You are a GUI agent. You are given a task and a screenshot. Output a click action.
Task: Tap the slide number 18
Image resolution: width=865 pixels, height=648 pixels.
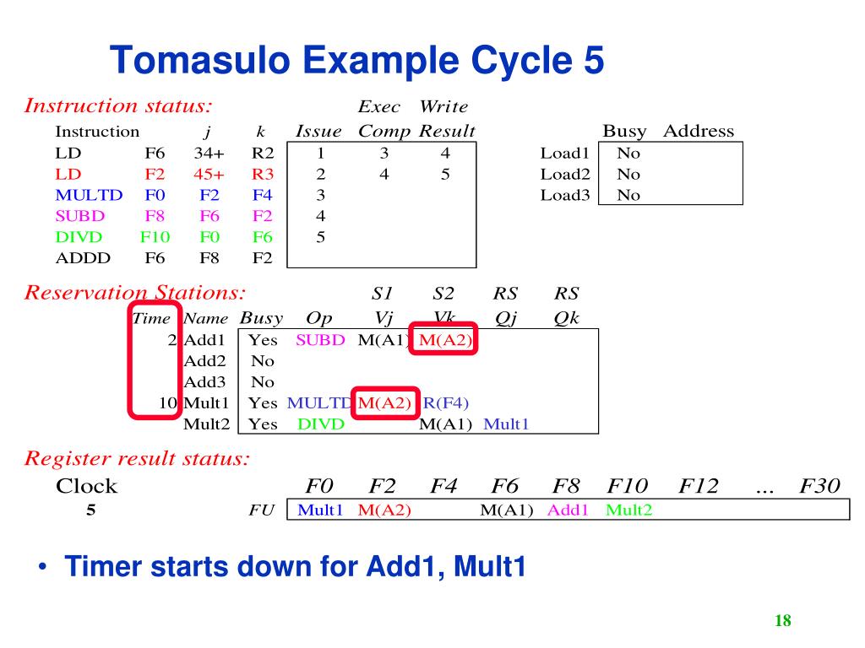click(x=782, y=621)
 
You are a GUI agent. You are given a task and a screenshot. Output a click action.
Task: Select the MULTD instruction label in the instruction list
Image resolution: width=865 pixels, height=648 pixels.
click(x=89, y=195)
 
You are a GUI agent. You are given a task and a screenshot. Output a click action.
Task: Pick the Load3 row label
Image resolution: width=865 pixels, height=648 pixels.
click(x=564, y=195)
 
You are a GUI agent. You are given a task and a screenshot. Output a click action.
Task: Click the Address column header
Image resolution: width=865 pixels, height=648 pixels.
click(x=699, y=132)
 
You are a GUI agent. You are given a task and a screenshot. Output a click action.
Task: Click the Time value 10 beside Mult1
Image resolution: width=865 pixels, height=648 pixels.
click(x=168, y=402)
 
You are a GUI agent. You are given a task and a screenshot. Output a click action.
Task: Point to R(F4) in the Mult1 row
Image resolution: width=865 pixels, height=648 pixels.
click(x=445, y=402)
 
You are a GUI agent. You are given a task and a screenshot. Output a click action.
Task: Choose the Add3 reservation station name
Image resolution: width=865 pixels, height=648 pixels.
click(x=204, y=381)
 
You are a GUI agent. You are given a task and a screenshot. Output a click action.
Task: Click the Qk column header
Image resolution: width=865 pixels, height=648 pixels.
click(x=566, y=319)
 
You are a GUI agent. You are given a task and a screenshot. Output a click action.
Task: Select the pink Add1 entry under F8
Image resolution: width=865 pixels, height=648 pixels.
click(x=568, y=510)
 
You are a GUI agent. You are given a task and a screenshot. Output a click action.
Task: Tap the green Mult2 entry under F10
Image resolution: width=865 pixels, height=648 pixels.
click(x=629, y=510)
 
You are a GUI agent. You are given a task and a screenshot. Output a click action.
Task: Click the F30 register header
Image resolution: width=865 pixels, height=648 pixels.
click(x=820, y=486)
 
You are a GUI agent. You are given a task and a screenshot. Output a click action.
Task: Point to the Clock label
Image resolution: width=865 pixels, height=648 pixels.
click(x=86, y=486)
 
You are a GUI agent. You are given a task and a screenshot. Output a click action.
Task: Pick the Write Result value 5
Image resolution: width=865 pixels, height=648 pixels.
click(x=445, y=175)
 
